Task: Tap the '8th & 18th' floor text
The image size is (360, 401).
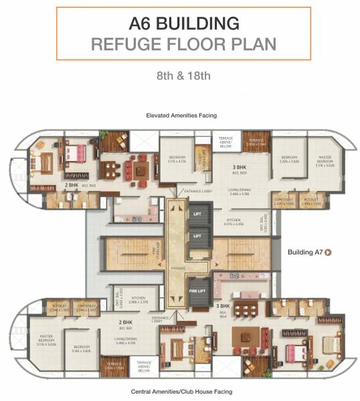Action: (x=179, y=75)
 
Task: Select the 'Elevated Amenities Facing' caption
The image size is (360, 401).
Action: (x=181, y=116)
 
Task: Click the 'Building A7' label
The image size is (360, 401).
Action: (x=305, y=252)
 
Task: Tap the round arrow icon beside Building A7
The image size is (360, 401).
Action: (x=329, y=252)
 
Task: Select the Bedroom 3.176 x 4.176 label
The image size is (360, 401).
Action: (x=176, y=159)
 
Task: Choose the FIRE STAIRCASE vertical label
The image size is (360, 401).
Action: (x=157, y=255)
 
